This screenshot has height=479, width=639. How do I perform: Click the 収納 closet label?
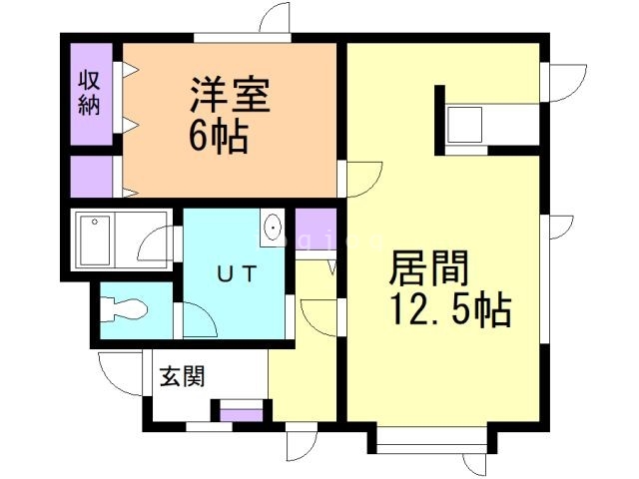coord(89,92)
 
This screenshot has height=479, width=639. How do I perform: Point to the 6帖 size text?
coord(219,138)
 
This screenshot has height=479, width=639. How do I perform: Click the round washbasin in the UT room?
coord(273,229)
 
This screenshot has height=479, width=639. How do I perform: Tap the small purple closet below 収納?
coord(91,176)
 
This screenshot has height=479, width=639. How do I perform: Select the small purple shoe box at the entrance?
coord(240,410)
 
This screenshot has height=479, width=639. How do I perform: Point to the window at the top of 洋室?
coord(235,38)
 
